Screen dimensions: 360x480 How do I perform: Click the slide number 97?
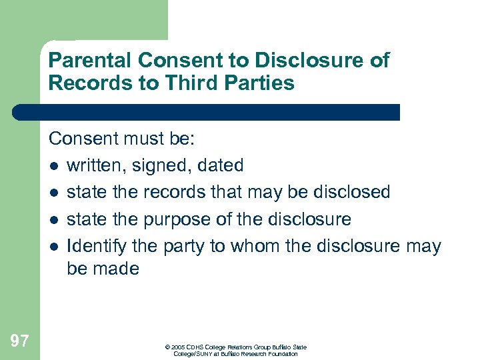(x=20, y=341)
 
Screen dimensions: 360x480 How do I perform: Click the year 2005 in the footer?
(x=179, y=347)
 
